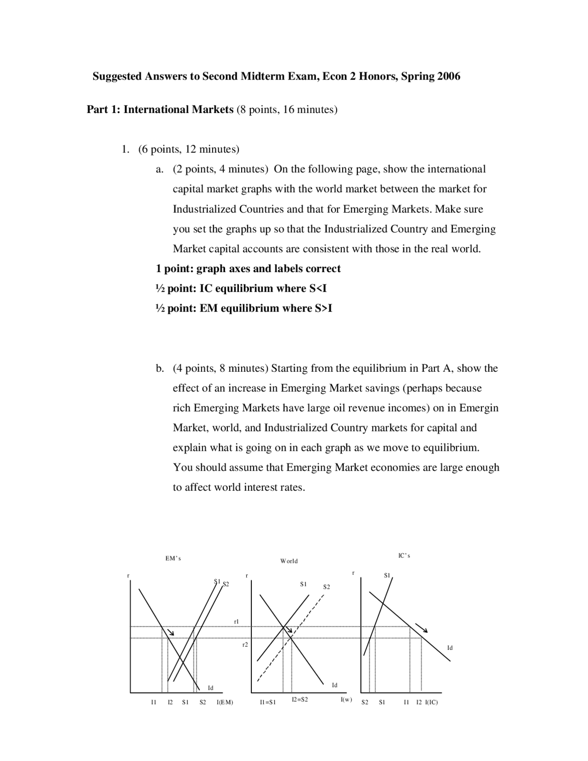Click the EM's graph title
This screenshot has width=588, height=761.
pyautogui.click(x=173, y=558)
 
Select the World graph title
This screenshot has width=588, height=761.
pyautogui.click(x=289, y=561)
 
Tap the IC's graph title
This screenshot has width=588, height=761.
pyautogui.click(x=404, y=556)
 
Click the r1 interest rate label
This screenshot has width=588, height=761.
pyautogui.click(x=237, y=621)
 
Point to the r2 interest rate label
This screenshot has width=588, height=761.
pyautogui.click(x=245, y=645)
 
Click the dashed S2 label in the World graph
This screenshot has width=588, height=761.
pyautogui.click(x=326, y=587)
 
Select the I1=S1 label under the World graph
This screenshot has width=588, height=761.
pyautogui.click(x=267, y=702)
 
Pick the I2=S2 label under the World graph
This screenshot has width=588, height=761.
pyautogui.click(x=300, y=699)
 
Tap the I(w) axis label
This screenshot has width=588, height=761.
pyautogui.click(x=346, y=699)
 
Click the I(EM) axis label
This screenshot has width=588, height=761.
pyautogui.click(x=225, y=702)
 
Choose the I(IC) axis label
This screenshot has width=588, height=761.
pyautogui.click(x=431, y=702)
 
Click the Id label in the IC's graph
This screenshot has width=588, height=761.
pyautogui.click(x=450, y=648)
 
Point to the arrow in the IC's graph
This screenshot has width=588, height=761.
pyautogui.click(x=421, y=628)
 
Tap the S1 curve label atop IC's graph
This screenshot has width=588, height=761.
pyautogui.click(x=387, y=575)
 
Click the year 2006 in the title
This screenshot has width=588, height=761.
pyautogui.click(x=448, y=76)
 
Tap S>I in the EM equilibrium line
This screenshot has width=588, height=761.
pyautogui.click(x=323, y=308)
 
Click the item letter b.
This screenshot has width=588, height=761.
pyautogui.click(x=159, y=369)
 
